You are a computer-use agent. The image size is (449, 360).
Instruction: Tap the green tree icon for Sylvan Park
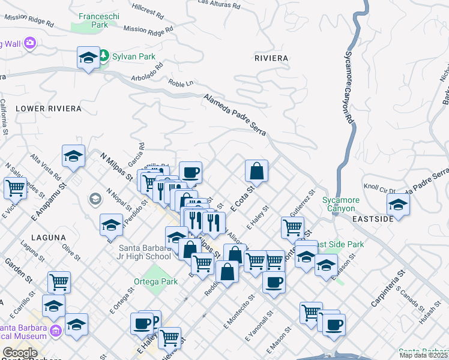coord(103,56)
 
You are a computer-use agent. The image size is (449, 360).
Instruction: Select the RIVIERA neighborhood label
coord(271,58)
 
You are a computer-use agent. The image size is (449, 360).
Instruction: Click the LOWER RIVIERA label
coord(48,109)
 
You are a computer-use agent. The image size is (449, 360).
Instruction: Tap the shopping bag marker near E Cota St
coord(256,170)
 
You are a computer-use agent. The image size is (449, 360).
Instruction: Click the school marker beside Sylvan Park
coord(88,58)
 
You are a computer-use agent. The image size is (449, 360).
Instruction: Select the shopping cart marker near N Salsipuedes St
coord(15,187)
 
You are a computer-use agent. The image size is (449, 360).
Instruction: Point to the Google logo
coord(20,352)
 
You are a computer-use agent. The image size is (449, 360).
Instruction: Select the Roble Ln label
coord(181,83)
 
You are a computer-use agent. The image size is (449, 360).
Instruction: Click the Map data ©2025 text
coord(424,355)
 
